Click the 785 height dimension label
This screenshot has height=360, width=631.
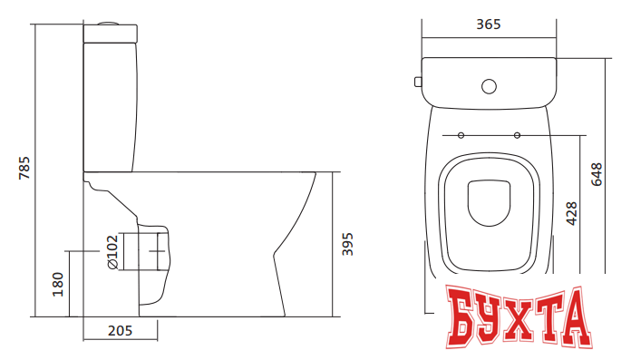pos(24,168)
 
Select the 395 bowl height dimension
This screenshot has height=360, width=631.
pos(347,244)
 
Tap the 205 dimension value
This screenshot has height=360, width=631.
pos(120,331)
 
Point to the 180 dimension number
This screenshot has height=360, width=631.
pos(58,285)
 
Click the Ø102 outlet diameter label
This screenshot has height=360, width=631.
pos(112,252)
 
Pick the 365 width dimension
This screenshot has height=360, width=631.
pos(489,24)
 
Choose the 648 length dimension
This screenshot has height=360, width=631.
pos(597,174)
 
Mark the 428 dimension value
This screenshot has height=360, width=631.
pos(571,213)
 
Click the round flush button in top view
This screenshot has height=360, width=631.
pos(489,86)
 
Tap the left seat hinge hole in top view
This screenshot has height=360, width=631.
pos(461,135)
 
